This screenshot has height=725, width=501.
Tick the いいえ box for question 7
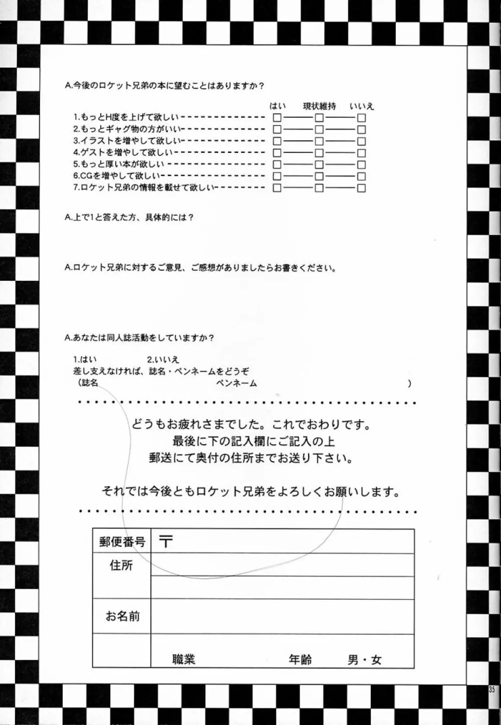point(361,188)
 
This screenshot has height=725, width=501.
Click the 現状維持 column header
point(319,106)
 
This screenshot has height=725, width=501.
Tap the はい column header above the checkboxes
point(278,106)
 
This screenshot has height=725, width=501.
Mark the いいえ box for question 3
point(361,141)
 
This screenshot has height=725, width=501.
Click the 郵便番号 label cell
point(122,542)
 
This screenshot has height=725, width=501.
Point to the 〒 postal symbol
point(166,541)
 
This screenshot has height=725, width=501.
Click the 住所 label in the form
point(121,566)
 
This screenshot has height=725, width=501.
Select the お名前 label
point(122,616)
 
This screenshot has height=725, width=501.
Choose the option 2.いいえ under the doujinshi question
point(163,359)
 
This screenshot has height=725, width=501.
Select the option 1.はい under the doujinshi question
point(85,359)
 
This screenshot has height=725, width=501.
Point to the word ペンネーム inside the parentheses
point(236,384)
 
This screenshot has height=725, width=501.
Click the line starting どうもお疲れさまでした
point(250,425)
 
